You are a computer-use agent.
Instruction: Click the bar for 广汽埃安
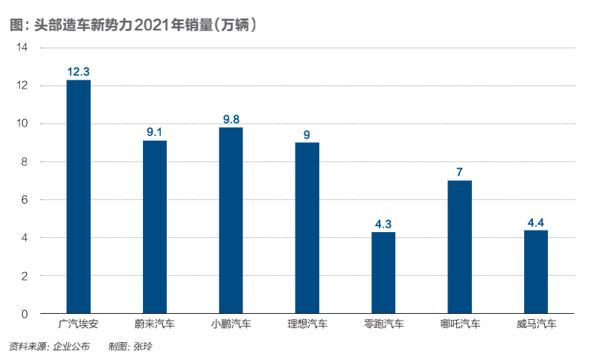pyautogui.click(x=78, y=197)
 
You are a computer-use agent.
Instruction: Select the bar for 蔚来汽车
pyautogui.click(x=155, y=227)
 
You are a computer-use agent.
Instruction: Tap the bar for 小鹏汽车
pyautogui.click(x=231, y=220)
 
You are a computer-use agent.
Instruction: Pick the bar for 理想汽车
pyautogui.click(x=307, y=228)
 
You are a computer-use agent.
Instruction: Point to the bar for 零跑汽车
pyautogui.click(x=383, y=273)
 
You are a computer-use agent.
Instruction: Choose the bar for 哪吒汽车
pyautogui.click(x=459, y=247)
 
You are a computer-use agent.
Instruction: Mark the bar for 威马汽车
pyautogui.click(x=536, y=271)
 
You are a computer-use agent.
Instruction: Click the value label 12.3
pyautogui.click(x=78, y=72)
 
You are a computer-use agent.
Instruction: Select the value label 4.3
pyautogui.click(x=383, y=224)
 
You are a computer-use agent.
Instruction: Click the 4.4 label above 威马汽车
pyautogui.click(x=536, y=222)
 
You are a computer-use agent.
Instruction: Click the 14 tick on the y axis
pyautogui.click(x=22, y=48)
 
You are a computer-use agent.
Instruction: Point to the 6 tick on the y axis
pyautogui.click(x=25, y=200)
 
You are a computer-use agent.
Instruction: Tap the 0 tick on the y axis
pyautogui.click(x=25, y=314)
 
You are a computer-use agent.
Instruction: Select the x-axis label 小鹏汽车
pyautogui.click(x=231, y=324)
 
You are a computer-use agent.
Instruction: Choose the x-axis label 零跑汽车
pyautogui.click(x=383, y=324)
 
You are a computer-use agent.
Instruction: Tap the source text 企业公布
pyautogui.click(x=71, y=346)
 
